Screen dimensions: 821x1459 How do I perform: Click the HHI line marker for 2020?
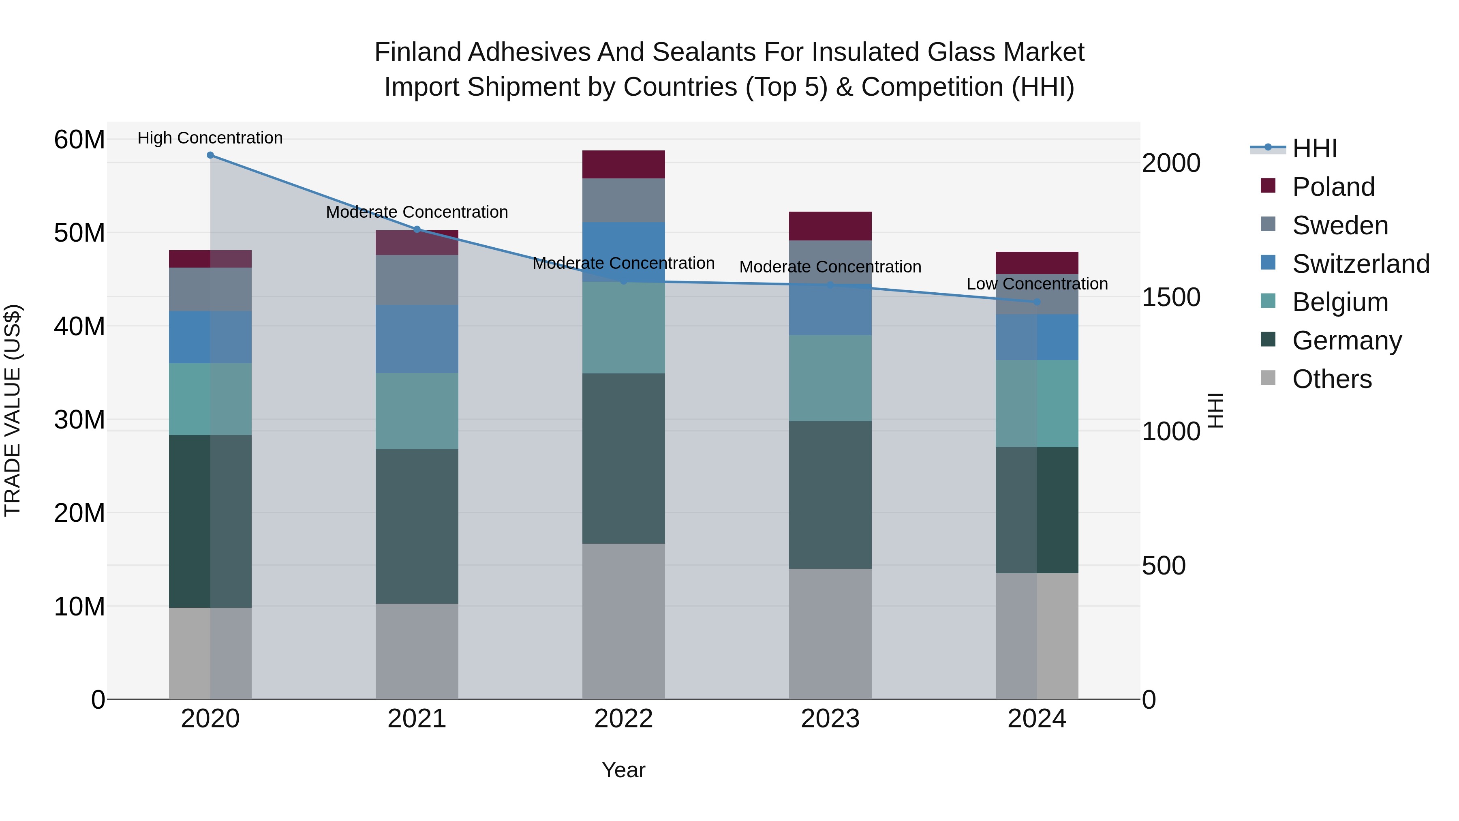coord(210,155)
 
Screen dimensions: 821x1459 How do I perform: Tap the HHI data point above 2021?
coord(417,229)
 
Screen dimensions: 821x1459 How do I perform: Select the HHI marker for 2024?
coord(1037,302)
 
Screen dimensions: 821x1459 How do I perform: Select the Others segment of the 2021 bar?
coord(417,651)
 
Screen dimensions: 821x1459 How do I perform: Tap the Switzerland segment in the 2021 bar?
coord(417,339)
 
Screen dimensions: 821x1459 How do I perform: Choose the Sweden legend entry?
coord(1339,225)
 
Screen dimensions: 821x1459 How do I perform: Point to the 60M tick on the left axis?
coord(79,139)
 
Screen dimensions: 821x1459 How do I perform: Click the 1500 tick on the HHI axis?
coord(1170,298)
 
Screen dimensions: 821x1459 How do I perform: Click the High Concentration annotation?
coord(210,138)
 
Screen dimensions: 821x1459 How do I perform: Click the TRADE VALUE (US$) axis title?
coord(13,410)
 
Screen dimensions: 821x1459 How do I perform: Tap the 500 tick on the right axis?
coord(1163,566)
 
